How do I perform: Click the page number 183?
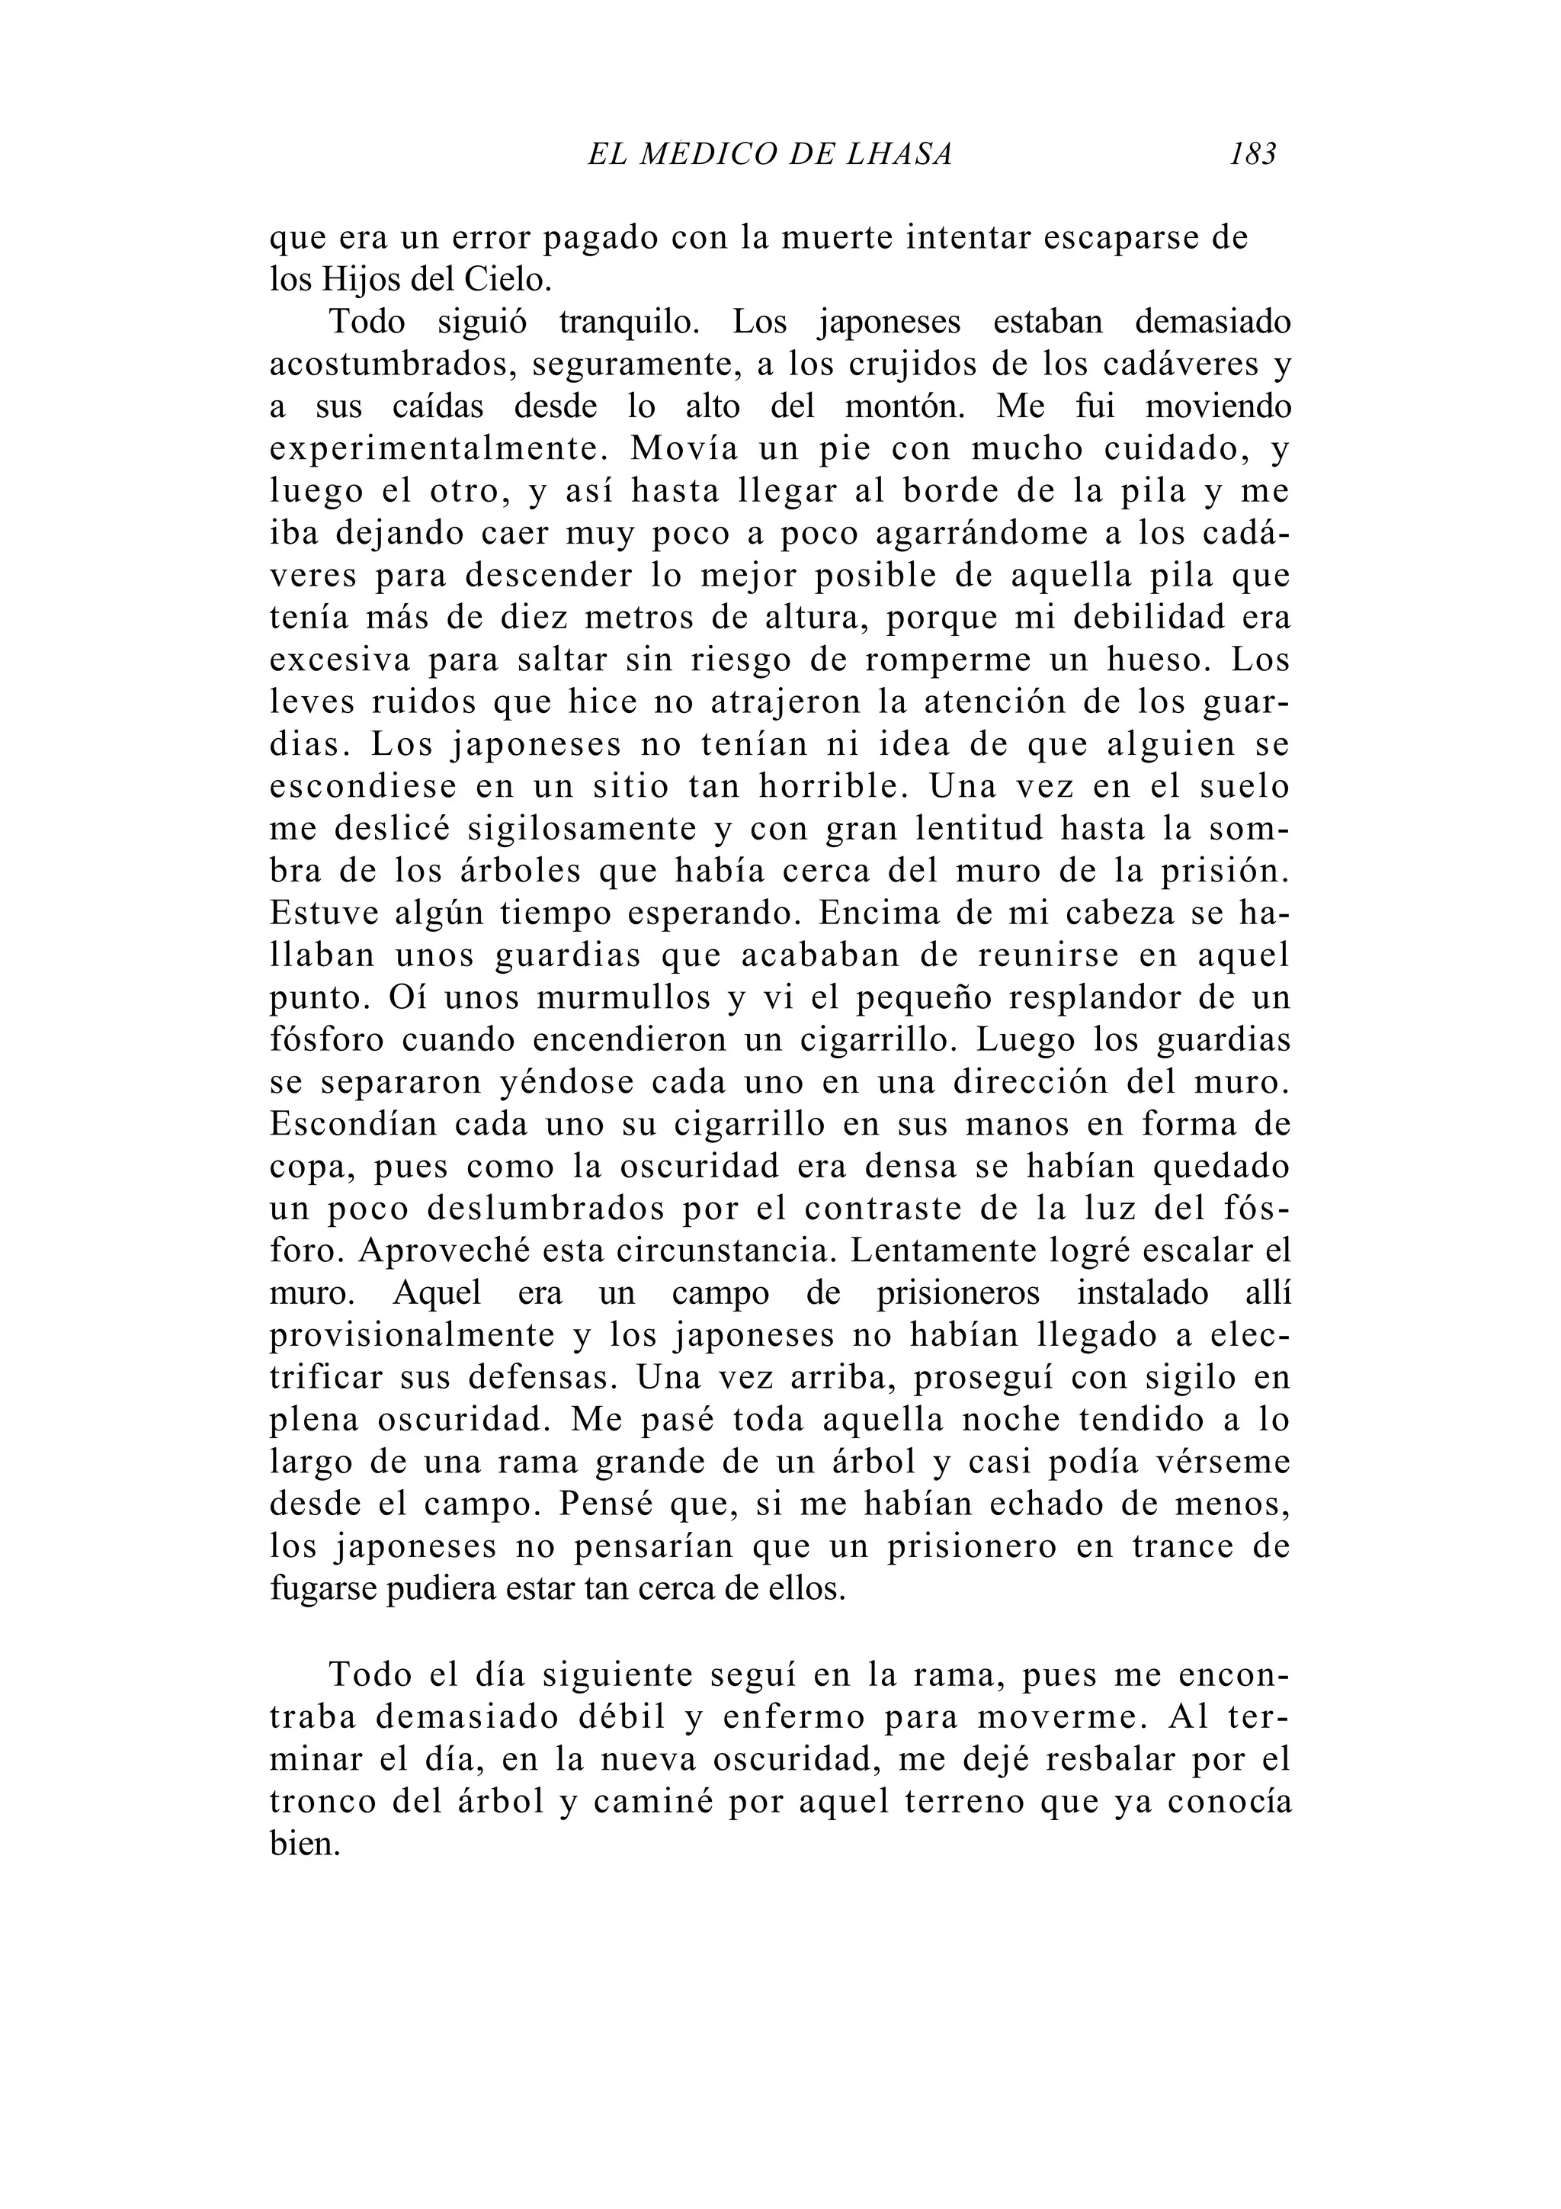tap(1252, 154)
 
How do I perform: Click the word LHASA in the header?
tap(899, 154)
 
